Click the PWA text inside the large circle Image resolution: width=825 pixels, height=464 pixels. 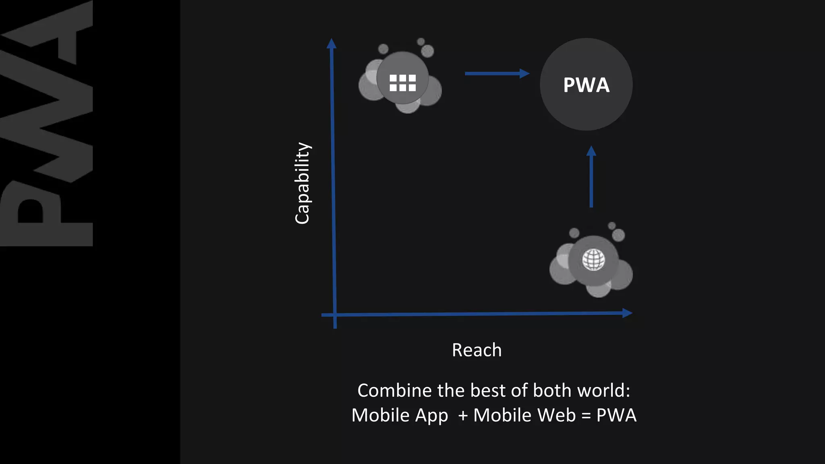click(x=586, y=85)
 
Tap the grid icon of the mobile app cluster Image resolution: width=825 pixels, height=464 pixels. click(x=402, y=83)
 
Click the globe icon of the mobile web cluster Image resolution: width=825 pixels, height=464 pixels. click(x=593, y=260)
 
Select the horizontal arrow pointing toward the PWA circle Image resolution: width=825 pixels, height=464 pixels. click(x=496, y=73)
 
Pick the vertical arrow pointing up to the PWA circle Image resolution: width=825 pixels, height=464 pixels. click(x=591, y=177)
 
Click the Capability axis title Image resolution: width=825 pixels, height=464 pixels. click(x=302, y=183)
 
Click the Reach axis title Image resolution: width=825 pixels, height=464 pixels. click(x=477, y=350)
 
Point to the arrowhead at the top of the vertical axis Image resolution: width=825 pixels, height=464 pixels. click(x=332, y=43)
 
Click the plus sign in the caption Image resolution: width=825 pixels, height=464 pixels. click(x=463, y=415)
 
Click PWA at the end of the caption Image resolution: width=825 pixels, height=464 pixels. click(x=616, y=415)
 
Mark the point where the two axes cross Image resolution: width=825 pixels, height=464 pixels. click(x=335, y=315)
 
